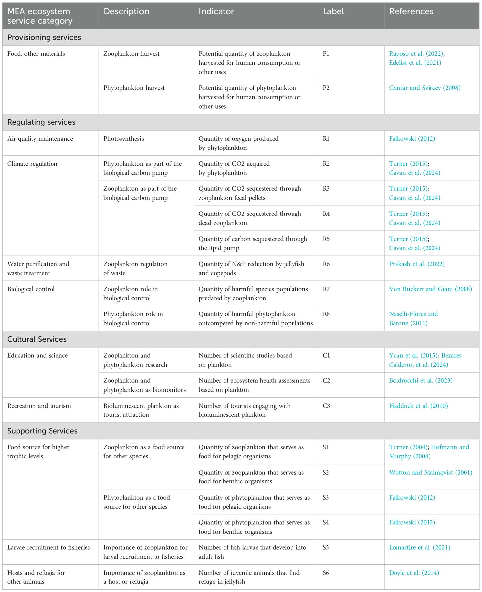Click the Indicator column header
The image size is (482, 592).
pyautogui.click(x=216, y=12)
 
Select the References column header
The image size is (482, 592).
pyautogui.click(x=411, y=12)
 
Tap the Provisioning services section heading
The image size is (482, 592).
pyautogui.click(x=44, y=38)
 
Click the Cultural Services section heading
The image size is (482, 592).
pyautogui.click(x=37, y=339)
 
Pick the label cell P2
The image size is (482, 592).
pyautogui.click(x=326, y=88)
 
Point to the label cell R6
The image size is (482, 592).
pyautogui.click(x=326, y=264)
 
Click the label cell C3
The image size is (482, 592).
pyautogui.click(x=326, y=406)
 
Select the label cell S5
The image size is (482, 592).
pyautogui.click(x=326, y=547)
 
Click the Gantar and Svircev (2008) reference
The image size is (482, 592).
pyautogui.click(x=425, y=88)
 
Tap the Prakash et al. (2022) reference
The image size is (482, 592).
pyautogui.click(x=417, y=264)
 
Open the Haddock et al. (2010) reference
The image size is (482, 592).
pyautogui.click(x=418, y=406)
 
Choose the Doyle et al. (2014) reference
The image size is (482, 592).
pyautogui.click(x=414, y=573)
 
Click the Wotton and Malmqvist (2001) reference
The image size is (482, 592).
pyautogui.click(x=430, y=472)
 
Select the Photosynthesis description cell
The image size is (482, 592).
pyautogui.click(x=123, y=139)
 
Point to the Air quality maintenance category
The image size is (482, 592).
pyautogui.click(x=40, y=139)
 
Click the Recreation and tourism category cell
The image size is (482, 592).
pyautogui.click(x=39, y=406)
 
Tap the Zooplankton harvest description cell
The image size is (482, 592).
pyautogui.click(x=131, y=54)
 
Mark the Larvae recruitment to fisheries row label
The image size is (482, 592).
pyautogui.click(x=49, y=547)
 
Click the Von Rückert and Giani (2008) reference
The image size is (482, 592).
pyautogui.click(x=430, y=289)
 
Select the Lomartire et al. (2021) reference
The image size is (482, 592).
pyautogui.click(x=420, y=547)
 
